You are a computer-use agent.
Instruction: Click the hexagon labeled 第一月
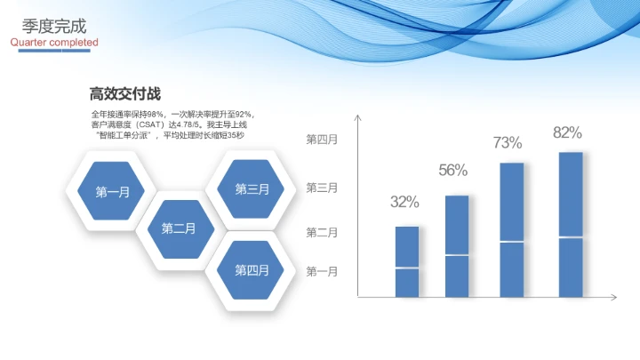point(112,191)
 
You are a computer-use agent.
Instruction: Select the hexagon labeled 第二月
point(178,228)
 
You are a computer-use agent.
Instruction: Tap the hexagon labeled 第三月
point(252,188)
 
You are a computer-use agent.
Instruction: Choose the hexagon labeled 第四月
point(252,270)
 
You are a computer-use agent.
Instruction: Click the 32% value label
point(404,202)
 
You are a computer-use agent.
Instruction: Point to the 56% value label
point(453,171)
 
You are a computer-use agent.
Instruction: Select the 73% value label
point(508,142)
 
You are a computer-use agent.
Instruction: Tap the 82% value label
point(567,132)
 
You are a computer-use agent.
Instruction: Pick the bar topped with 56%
point(456,245)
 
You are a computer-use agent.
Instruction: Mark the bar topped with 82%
point(571,224)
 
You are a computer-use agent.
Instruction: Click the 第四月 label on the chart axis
point(322,140)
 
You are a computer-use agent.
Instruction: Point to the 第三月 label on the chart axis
point(322,188)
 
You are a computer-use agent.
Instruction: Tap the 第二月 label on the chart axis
point(322,232)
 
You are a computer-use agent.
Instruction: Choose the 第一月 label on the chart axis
point(322,271)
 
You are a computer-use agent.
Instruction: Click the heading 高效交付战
point(124,93)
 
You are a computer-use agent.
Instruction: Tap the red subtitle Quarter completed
point(54,43)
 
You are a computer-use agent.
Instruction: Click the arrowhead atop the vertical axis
point(356,117)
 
